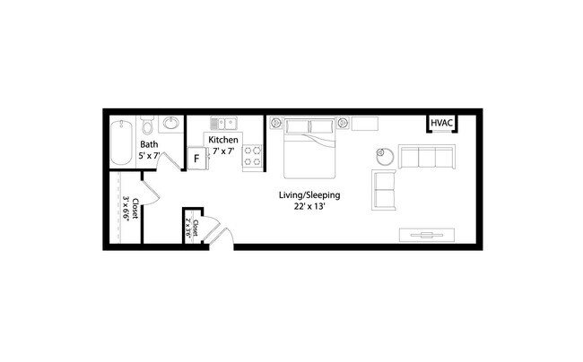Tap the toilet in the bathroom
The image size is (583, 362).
point(149,123)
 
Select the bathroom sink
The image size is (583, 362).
point(172,124)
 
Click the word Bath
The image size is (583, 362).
point(149,144)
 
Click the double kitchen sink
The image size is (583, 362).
point(223,123)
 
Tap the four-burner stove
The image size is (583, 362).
point(253,157)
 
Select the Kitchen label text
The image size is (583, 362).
point(223,141)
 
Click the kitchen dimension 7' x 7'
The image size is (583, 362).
point(222,152)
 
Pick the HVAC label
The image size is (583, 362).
point(441,124)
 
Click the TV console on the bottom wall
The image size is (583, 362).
point(428,236)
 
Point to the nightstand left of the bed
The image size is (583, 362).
point(276,123)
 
